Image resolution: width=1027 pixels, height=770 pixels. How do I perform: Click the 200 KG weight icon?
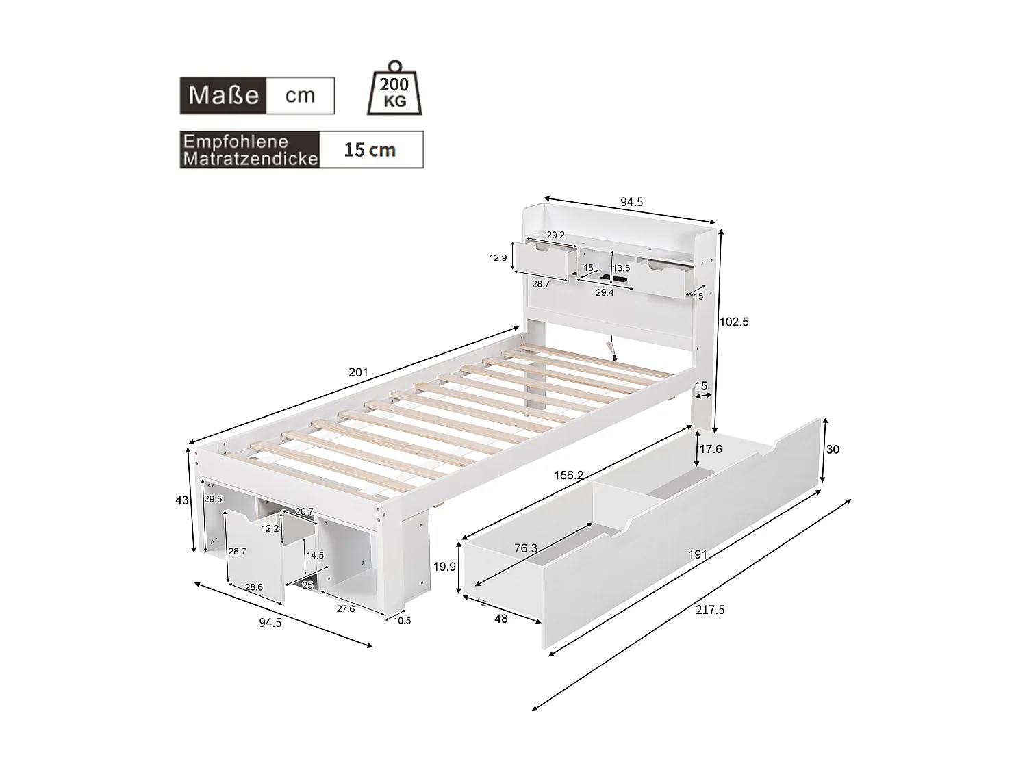(394, 90)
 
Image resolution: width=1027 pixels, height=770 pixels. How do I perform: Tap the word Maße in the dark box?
(223, 95)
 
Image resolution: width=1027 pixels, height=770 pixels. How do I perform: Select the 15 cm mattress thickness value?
(370, 150)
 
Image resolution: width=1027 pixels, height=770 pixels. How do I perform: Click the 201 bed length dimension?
(358, 372)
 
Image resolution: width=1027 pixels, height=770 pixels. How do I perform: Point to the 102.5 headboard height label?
(734, 322)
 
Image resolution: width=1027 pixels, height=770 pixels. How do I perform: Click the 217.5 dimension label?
(710, 610)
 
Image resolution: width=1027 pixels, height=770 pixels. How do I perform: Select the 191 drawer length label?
(697, 554)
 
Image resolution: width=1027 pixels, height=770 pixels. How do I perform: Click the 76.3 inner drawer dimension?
(525, 548)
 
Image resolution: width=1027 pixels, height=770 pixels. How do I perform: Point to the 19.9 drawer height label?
(445, 567)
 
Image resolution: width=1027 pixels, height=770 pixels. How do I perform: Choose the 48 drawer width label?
(501, 619)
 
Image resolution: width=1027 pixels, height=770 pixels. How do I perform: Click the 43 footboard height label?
(181, 500)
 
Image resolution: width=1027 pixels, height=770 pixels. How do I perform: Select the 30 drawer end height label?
(833, 450)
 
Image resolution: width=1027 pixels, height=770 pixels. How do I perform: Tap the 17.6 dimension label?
(711, 449)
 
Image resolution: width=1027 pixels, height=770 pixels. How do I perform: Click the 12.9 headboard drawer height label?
(498, 258)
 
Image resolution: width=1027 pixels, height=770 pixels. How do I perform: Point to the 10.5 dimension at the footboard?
(403, 621)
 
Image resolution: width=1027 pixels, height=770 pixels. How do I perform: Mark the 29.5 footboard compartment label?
(214, 499)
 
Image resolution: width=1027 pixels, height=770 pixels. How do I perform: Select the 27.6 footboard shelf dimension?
(345, 608)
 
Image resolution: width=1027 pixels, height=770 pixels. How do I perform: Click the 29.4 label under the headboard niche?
(605, 292)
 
